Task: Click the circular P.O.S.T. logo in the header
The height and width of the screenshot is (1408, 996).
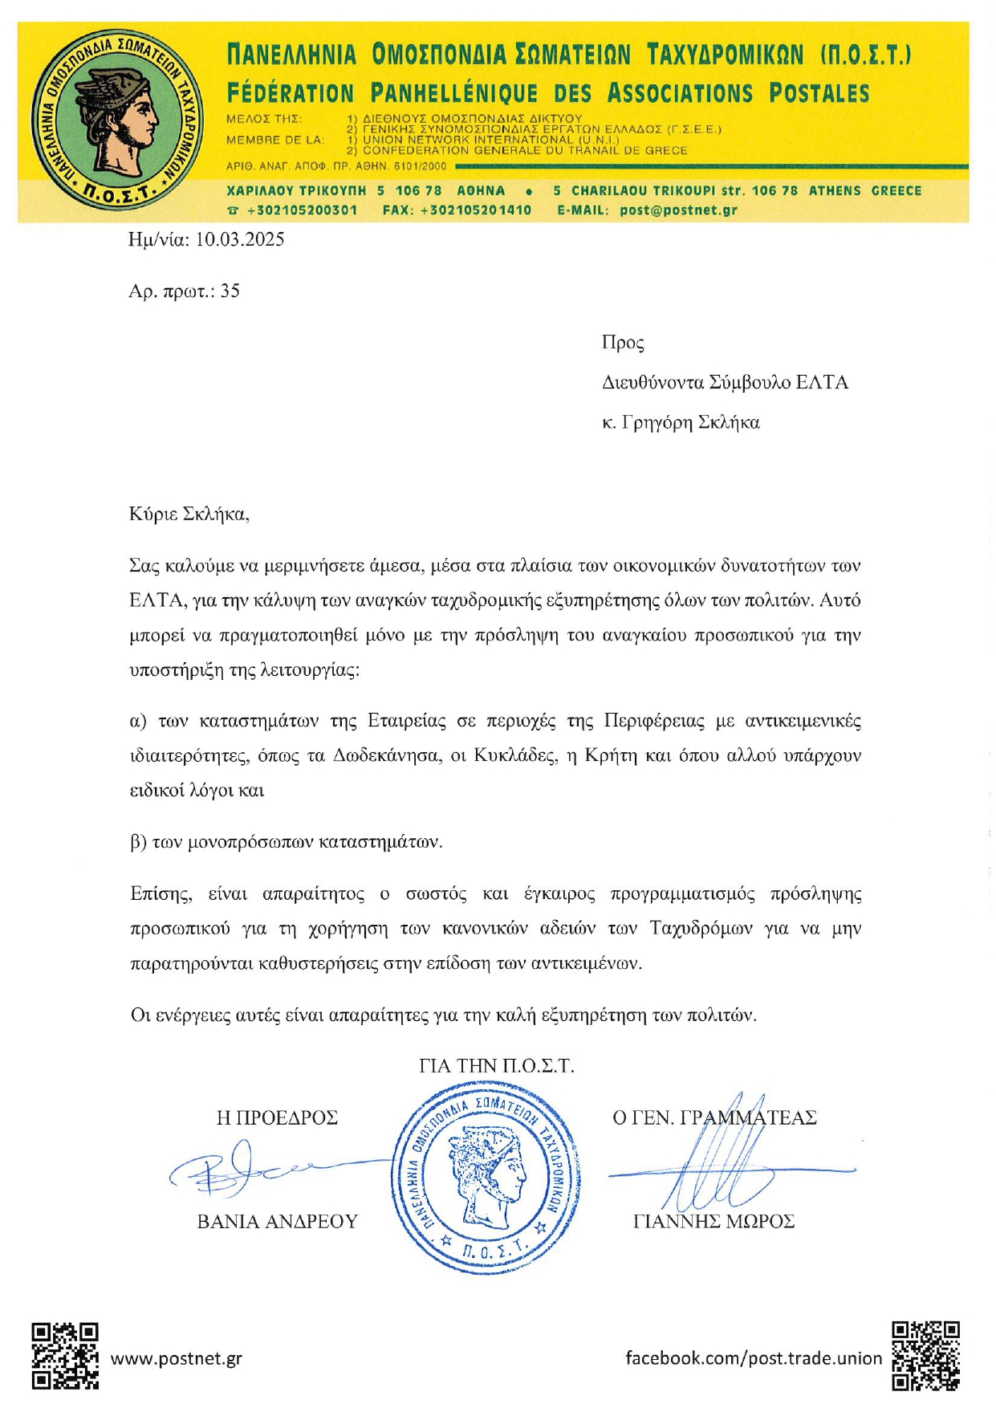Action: (x=117, y=120)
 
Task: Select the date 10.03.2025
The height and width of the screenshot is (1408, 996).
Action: (x=239, y=240)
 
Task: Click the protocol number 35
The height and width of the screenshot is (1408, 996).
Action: (x=230, y=291)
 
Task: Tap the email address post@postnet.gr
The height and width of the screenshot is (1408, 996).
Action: (x=678, y=210)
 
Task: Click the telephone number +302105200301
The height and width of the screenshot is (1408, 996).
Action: (x=302, y=210)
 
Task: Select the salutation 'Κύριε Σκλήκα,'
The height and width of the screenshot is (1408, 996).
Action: (x=189, y=515)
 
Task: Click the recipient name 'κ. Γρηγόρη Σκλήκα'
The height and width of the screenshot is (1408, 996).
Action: (x=681, y=423)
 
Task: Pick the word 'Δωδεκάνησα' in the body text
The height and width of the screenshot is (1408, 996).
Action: (x=387, y=756)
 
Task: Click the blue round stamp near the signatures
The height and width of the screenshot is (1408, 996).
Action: (x=487, y=1178)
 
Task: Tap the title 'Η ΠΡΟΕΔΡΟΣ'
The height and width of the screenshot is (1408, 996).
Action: (x=277, y=1117)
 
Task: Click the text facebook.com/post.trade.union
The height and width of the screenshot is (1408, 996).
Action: (x=753, y=1358)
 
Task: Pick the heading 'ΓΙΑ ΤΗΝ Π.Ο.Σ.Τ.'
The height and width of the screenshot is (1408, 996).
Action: (x=497, y=1066)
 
